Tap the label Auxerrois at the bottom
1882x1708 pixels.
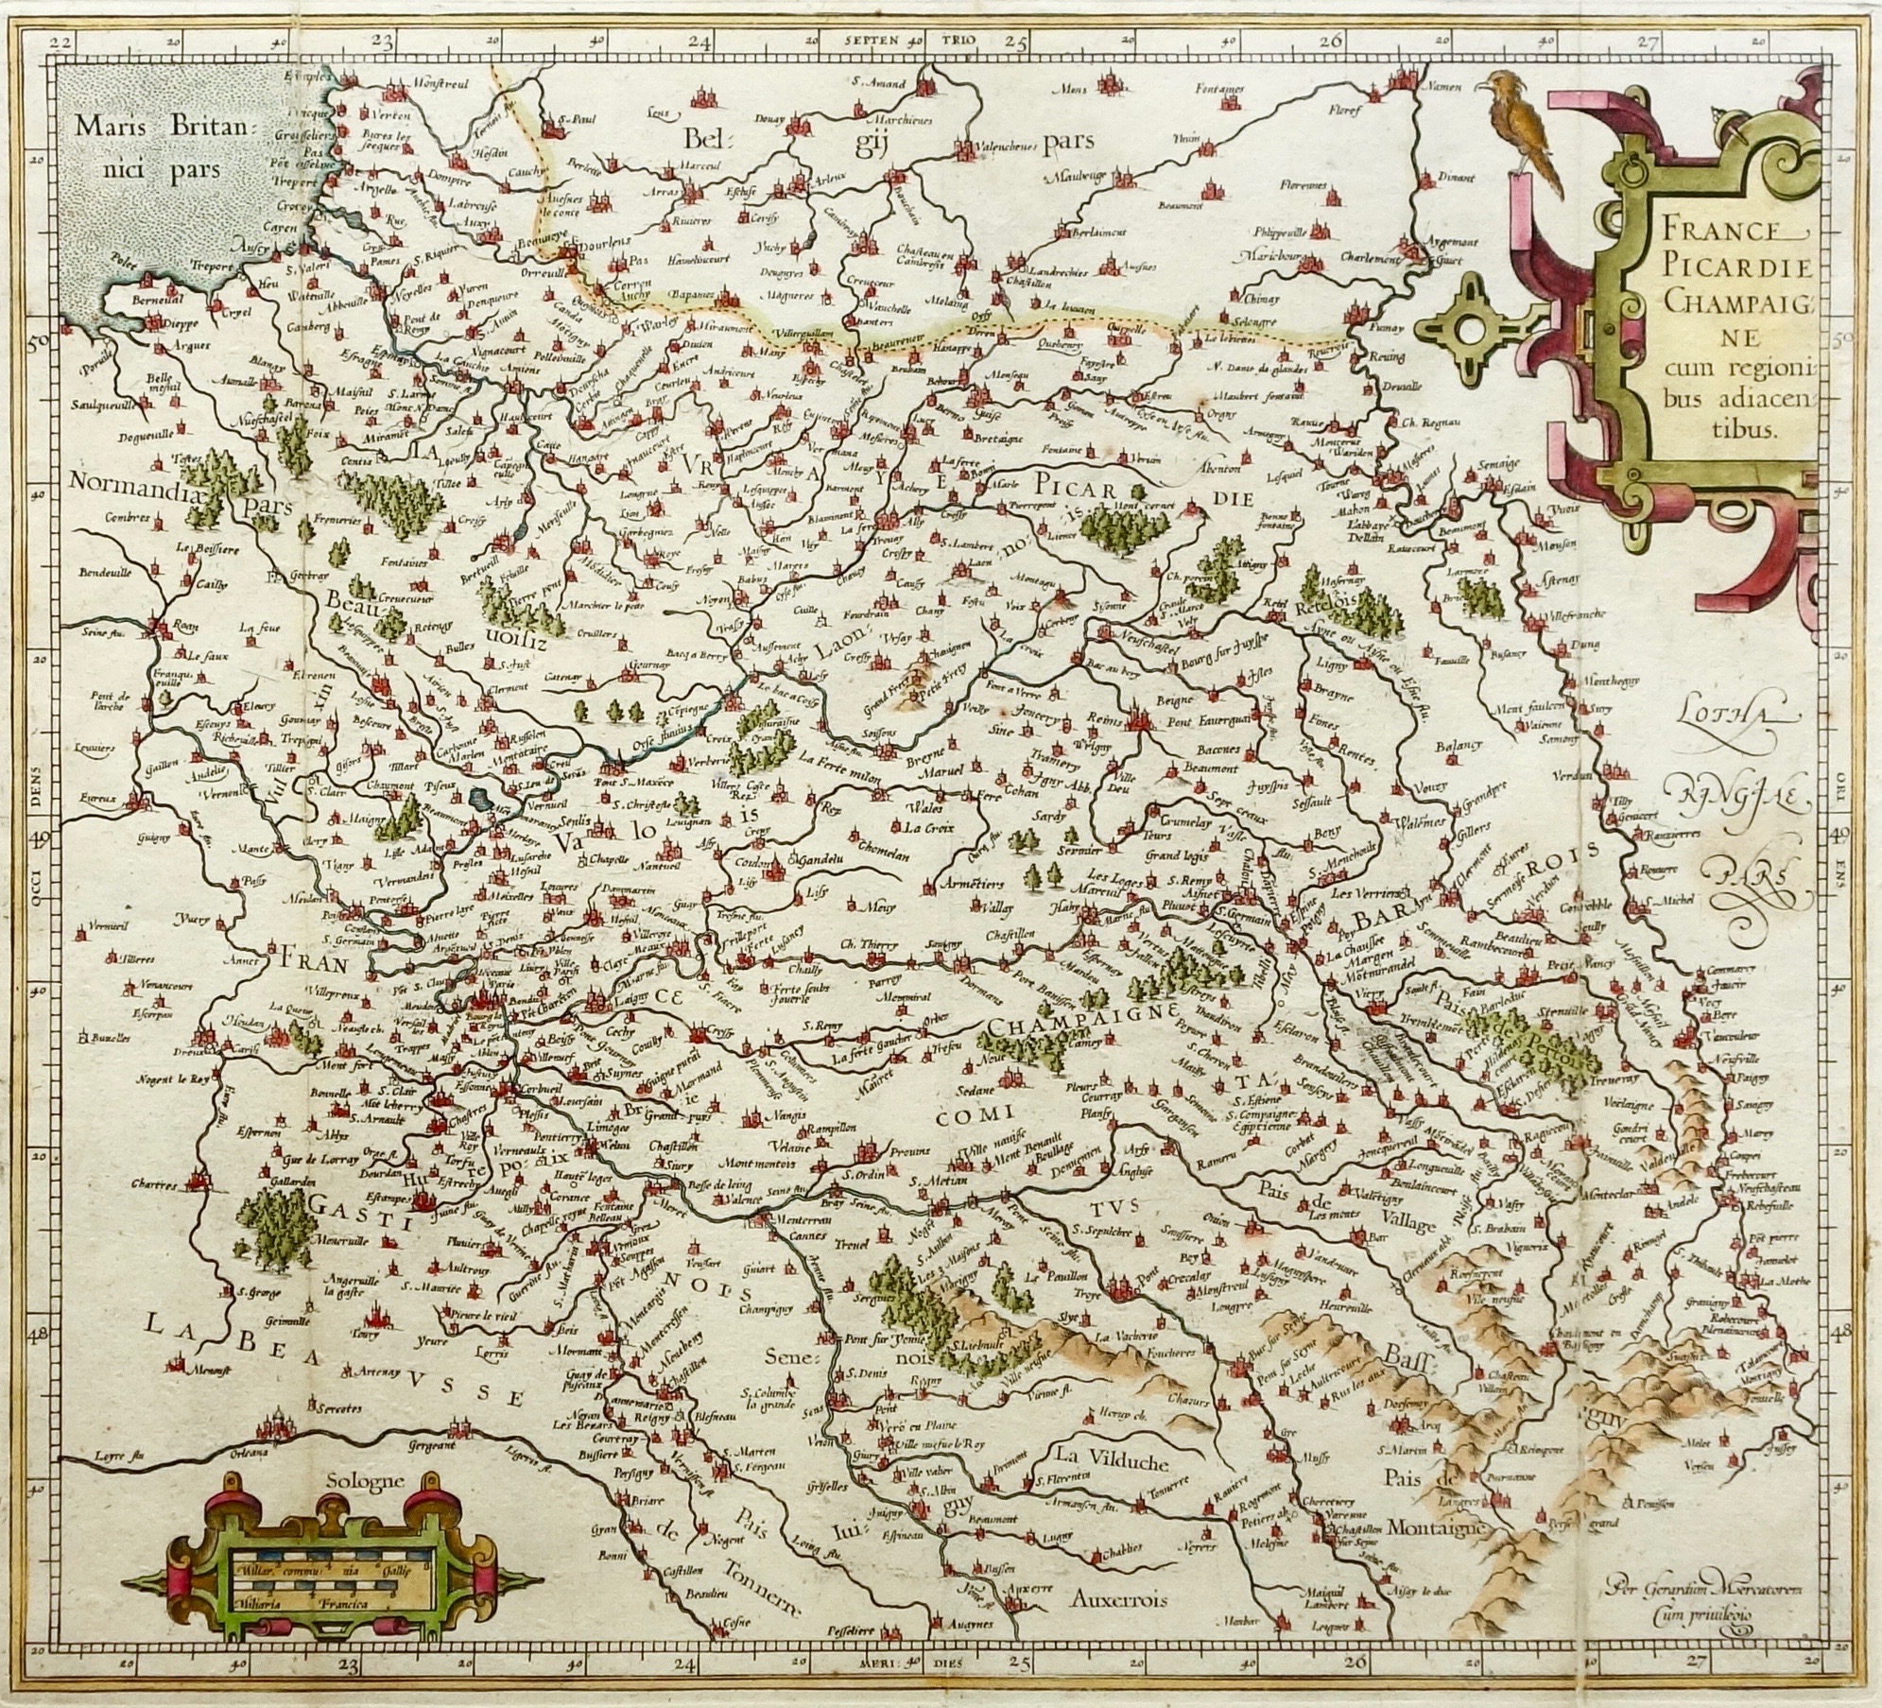(1121, 1599)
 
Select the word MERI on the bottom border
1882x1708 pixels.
(867, 1684)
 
